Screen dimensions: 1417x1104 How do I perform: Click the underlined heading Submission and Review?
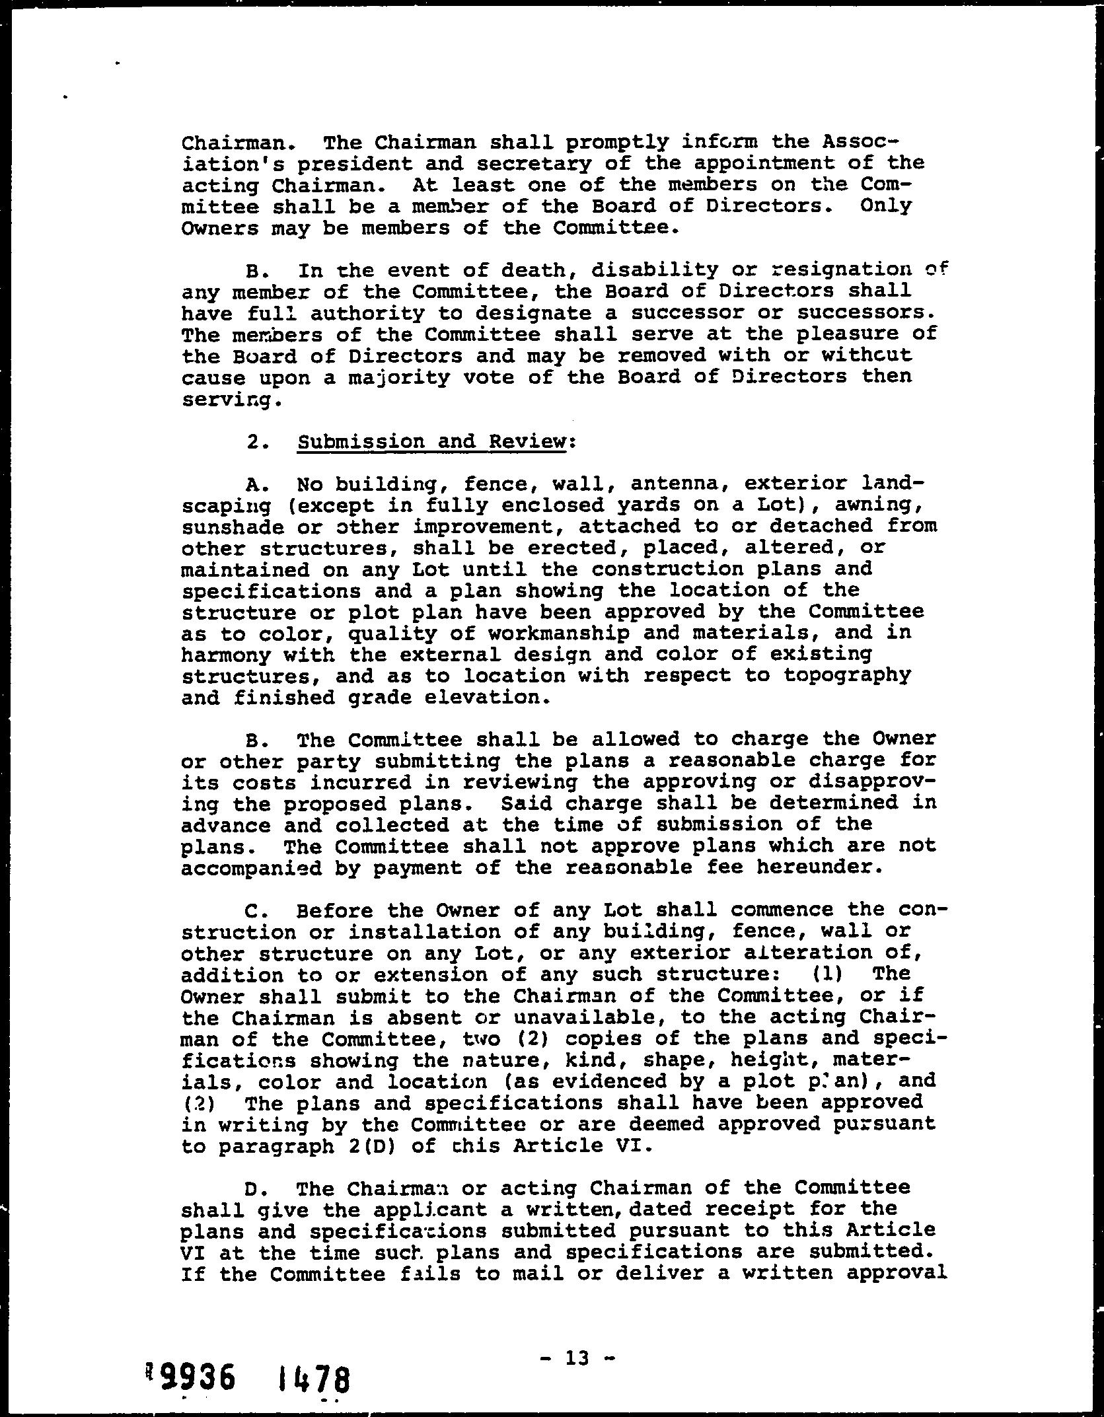pos(431,441)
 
